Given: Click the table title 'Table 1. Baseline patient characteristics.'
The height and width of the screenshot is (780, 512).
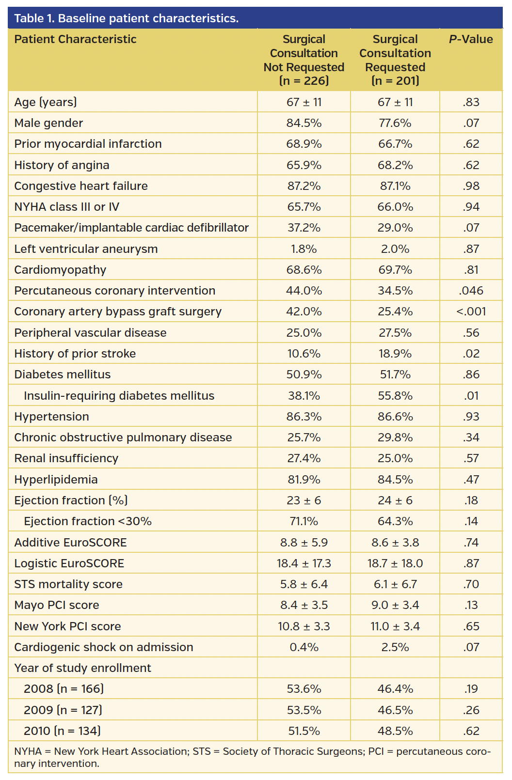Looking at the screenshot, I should (126, 18).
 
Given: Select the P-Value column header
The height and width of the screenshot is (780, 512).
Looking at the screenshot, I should (470, 39).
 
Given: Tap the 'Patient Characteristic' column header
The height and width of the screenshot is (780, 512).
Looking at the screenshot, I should (75, 39).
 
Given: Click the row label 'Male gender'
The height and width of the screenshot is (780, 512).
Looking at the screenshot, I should (48, 123).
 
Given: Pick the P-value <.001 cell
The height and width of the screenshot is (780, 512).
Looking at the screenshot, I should (470, 312).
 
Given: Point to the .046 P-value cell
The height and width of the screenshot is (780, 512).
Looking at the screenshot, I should (470, 291).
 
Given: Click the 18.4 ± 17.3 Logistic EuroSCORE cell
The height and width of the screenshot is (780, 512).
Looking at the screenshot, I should (304, 563).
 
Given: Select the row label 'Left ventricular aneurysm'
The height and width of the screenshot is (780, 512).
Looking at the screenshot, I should (86, 249).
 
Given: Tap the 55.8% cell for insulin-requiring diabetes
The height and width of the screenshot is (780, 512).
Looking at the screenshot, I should (395, 396).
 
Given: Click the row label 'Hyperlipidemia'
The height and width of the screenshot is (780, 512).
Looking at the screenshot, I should (56, 480).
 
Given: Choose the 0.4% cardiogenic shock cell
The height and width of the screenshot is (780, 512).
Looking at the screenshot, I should (304, 647).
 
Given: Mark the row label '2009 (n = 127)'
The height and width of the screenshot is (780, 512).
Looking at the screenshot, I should (63, 710).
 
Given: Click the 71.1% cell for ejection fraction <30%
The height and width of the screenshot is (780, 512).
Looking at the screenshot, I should (304, 521).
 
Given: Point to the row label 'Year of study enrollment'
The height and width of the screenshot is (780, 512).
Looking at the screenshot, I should (82, 668).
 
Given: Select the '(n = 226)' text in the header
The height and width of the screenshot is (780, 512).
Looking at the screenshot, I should (304, 81).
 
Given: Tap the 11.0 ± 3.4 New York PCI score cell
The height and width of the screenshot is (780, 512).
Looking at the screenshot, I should (395, 626).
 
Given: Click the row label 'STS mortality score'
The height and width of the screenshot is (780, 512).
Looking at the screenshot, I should (68, 584).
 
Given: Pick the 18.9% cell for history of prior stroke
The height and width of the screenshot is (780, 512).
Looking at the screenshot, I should (395, 354).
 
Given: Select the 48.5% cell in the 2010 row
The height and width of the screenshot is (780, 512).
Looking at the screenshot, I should (395, 731).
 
